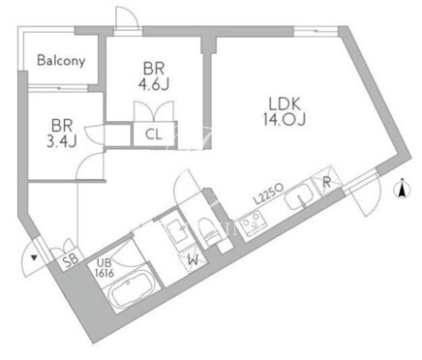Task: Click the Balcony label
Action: point(61,61)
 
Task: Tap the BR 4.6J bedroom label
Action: point(154,76)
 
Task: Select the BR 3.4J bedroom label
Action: point(61,134)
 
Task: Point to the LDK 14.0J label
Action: point(285,111)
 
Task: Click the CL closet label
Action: point(154,135)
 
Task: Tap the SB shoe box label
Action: point(71,261)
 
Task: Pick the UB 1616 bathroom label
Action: point(104,269)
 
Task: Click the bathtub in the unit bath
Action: point(133,290)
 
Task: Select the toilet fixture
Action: point(207,231)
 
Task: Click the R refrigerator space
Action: point(326,182)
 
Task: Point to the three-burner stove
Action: point(254,222)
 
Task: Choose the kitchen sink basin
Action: point(299,196)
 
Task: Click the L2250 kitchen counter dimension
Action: point(268,194)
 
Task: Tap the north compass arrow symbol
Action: point(403,189)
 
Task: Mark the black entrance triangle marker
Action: point(34,257)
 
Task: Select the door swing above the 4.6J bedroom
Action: point(127,17)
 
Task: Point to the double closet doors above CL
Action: point(154,111)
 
